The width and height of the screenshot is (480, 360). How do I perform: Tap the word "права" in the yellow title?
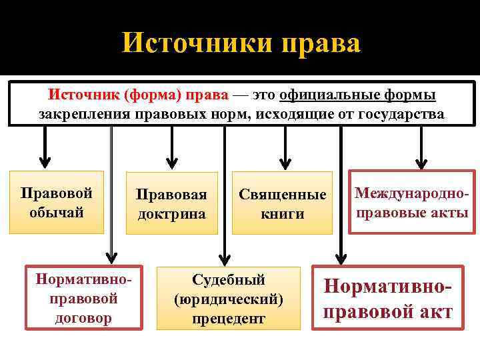[x=321, y=43]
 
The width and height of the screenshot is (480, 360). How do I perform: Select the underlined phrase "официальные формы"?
[x=358, y=95]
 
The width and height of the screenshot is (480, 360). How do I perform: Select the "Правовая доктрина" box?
[x=172, y=204]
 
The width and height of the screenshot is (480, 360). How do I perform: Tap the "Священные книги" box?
[x=282, y=204]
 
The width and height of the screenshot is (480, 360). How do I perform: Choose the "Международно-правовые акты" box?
[x=411, y=203]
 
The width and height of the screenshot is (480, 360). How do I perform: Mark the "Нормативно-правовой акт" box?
[x=388, y=298]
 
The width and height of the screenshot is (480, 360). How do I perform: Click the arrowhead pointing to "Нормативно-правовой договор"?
[x=111, y=253]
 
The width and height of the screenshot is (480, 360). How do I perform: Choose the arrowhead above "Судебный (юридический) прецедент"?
[x=225, y=253]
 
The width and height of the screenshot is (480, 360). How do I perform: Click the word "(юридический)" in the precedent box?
[x=229, y=299]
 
